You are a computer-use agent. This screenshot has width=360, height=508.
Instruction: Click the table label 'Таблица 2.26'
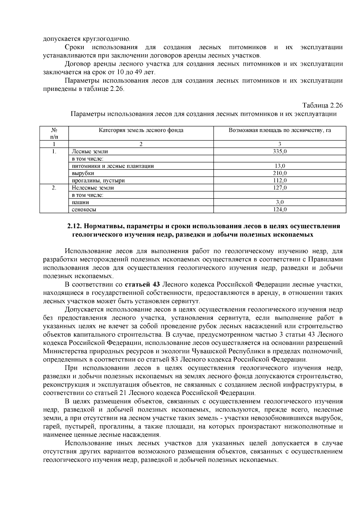click(322, 106)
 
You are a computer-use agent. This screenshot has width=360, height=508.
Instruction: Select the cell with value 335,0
click(280, 151)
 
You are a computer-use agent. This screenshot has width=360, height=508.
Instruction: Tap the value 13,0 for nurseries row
click(280, 166)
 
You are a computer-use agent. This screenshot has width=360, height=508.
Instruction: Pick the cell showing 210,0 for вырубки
click(280, 173)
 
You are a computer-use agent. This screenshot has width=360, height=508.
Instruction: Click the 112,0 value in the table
click(280, 181)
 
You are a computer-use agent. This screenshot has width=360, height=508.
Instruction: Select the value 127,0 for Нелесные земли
click(280, 188)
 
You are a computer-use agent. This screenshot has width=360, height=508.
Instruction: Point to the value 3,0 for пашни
click(280, 202)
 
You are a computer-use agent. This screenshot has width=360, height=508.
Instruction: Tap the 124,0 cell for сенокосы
click(280, 210)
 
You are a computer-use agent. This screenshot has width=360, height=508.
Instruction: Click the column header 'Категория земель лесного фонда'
click(141, 130)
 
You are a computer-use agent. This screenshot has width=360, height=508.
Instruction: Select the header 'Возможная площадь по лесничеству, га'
click(280, 130)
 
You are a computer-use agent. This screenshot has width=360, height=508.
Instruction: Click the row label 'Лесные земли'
click(90, 151)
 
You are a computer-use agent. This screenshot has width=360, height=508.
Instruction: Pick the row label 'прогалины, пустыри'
click(98, 181)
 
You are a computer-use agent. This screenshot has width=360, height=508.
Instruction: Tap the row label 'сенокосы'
click(84, 210)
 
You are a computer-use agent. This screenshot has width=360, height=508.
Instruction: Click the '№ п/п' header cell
click(54, 133)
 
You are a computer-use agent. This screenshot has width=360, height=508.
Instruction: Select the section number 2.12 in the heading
click(74, 226)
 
